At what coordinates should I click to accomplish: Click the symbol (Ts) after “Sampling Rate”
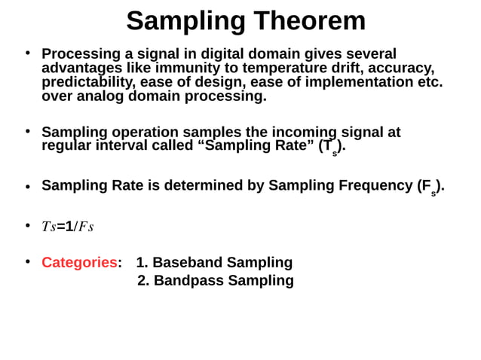pyautogui.click(x=332, y=147)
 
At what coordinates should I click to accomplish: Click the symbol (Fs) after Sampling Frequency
pyautogui.click(x=430, y=187)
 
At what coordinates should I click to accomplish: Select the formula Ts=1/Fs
pyautogui.click(x=68, y=227)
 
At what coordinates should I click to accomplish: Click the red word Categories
pyautogui.click(x=78, y=263)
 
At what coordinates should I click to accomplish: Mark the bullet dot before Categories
pyautogui.click(x=27, y=262)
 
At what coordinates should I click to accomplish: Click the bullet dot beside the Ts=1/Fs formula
pyautogui.click(x=27, y=226)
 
